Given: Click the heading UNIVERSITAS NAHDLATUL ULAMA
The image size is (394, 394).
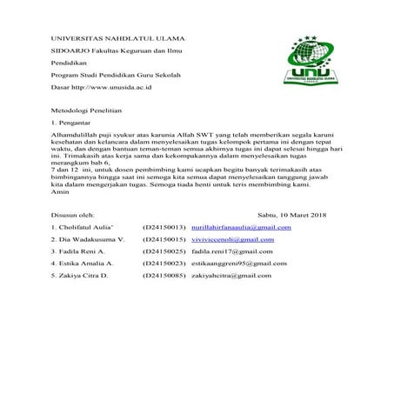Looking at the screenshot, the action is click(112, 40).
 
